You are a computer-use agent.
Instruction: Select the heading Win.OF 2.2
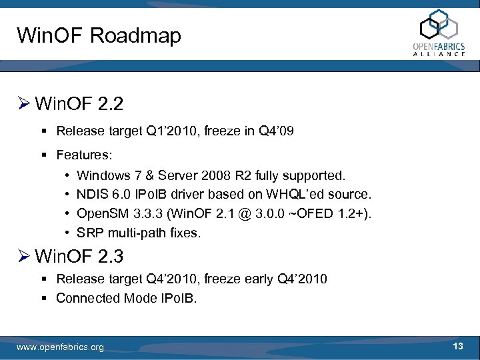coord(79,104)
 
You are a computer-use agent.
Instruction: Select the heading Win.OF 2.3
coord(79,255)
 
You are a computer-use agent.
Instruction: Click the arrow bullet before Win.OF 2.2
coord(23,104)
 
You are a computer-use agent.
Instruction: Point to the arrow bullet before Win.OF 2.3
coord(23,255)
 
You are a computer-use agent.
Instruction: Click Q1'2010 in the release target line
coord(163,131)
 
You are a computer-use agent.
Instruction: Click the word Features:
coord(85,155)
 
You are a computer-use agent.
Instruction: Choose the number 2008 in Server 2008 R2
coord(215,176)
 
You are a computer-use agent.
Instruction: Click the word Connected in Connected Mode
coord(87,298)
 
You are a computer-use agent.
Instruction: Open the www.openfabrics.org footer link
coord(61,347)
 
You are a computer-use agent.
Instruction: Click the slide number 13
coord(457,346)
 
